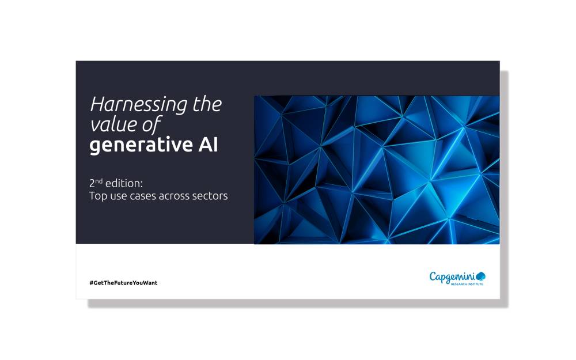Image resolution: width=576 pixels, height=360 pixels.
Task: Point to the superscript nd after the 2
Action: click(99, 180)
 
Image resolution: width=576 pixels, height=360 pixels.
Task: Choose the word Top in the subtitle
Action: click(98, 196)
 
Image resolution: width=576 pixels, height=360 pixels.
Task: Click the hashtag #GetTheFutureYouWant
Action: click(123, 283)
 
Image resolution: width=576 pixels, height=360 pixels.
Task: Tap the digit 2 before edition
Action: click(92, 183)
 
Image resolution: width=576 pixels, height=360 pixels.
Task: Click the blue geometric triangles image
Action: click(377, 170)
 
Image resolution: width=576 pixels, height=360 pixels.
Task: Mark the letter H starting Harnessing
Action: click(97, 105)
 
